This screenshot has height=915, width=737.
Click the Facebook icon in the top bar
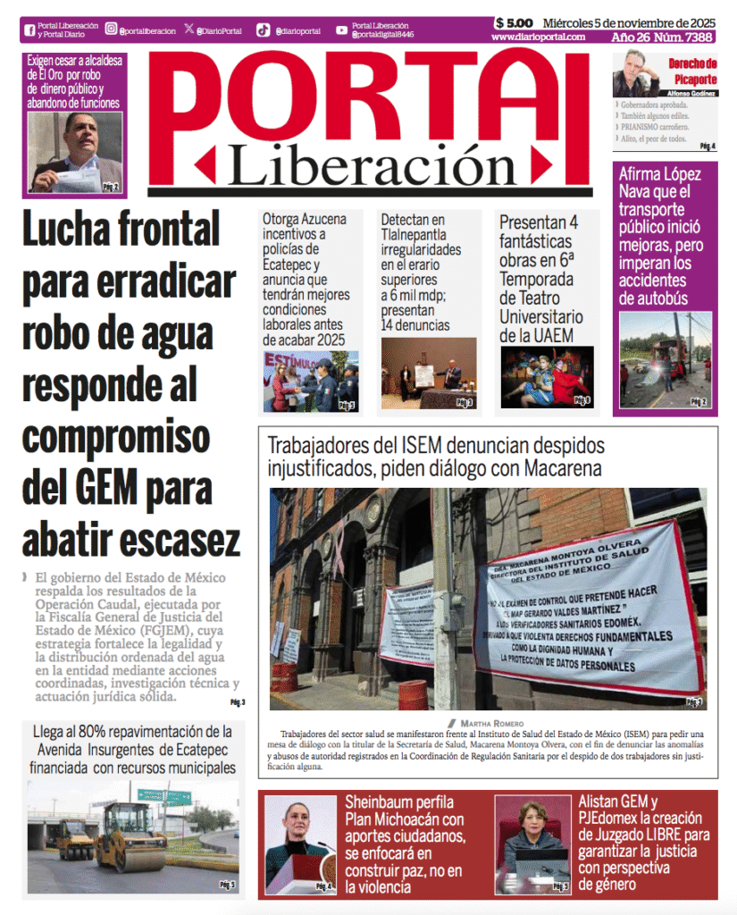(x=29, y=29)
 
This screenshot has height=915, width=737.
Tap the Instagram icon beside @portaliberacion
(x=111, y=29)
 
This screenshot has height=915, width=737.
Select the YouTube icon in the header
(x=342, y=29)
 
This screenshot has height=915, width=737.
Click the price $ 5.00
(x=514, y=23)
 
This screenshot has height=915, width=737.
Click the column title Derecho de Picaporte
(x=692, y=71)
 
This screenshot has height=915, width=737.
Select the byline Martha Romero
(x=491, y=722)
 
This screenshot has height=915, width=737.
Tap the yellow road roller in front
(x=130, y=837)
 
